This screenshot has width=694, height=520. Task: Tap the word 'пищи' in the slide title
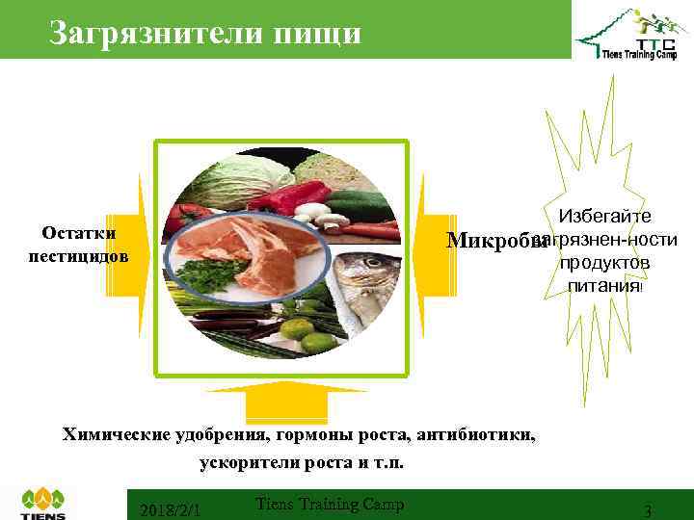tap(314, 33)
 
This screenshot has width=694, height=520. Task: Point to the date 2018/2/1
tap(170, 508)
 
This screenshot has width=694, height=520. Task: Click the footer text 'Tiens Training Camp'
tap(330, 504)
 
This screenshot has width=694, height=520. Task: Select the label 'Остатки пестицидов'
tap(80, 246)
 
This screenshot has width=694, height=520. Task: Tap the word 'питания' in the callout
tap(603, 285)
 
